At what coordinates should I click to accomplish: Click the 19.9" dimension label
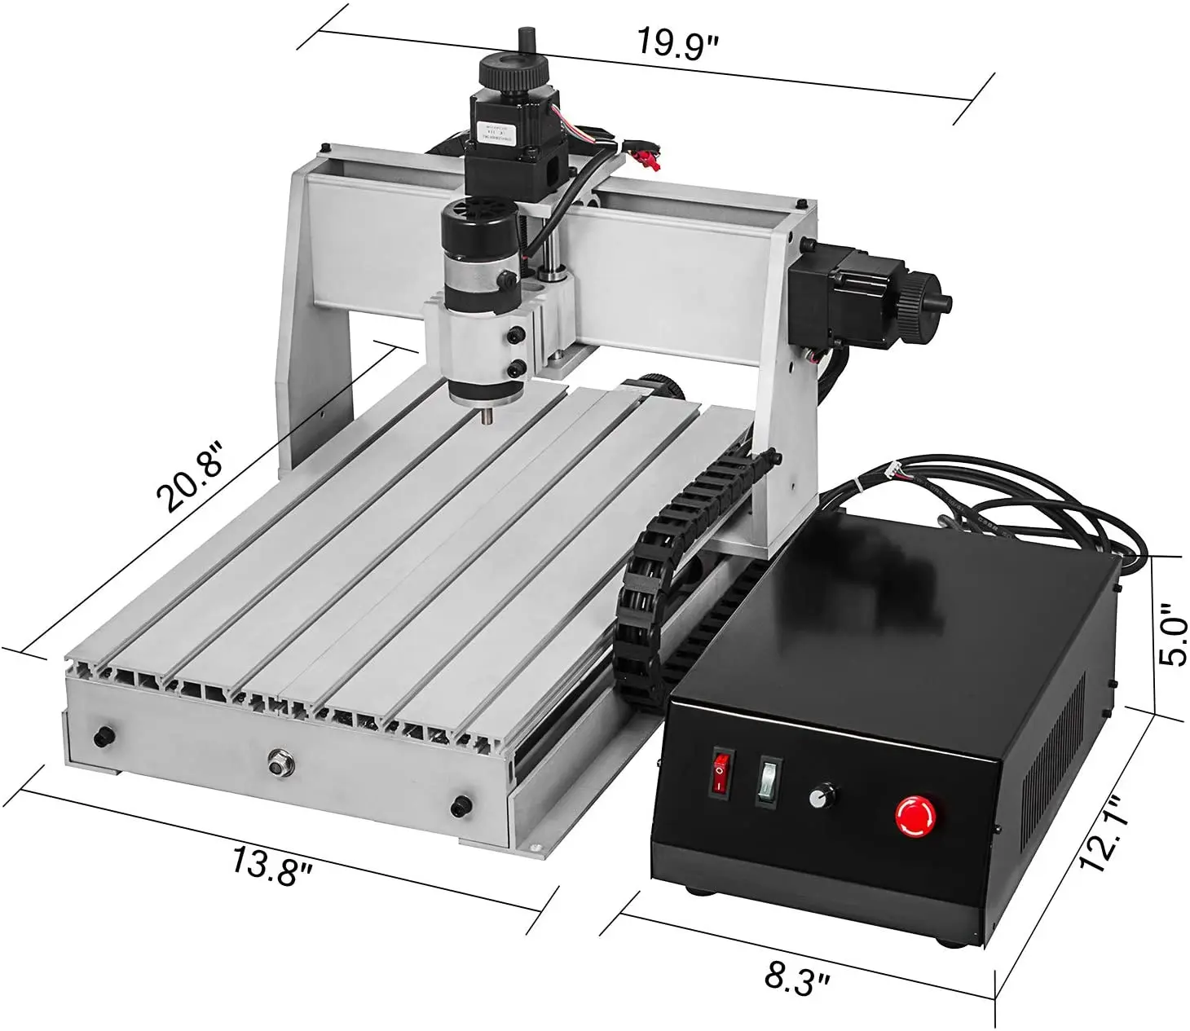[676, 42]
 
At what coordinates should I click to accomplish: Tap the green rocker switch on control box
[767, 780]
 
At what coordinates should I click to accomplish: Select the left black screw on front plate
[104, 736]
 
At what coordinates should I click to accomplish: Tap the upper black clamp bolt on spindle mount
[514, 335]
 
